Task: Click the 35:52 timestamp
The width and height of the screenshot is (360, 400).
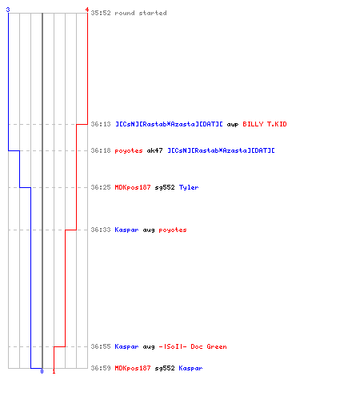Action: (101, 13)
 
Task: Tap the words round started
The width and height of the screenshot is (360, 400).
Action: (141, 13)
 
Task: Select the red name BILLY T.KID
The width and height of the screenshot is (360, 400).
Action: (265, 124)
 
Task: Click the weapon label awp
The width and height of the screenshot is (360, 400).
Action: (233, 125)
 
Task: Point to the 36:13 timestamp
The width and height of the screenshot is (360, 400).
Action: (101, 124)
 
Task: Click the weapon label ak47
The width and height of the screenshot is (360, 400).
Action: (154, 150)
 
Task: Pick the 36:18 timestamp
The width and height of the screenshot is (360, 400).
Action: (101, 150)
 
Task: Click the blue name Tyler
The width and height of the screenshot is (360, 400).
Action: (189, 187)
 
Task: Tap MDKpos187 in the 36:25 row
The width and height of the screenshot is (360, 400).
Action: (133, 187)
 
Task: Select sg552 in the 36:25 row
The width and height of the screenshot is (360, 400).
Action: (165, 187)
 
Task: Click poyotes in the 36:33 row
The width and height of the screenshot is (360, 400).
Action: (173, 230)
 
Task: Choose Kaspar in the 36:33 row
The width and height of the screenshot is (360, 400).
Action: (126, 230)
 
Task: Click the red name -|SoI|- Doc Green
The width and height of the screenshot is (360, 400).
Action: (193, 346)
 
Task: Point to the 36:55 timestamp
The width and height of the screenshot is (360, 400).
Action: (101, 346)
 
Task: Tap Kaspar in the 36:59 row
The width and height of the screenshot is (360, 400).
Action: (190, 368)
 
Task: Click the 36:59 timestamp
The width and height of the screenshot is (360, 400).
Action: (101, 368)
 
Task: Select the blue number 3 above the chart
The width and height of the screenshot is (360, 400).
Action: (8, 10)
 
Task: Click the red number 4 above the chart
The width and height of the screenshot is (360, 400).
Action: (87, 10)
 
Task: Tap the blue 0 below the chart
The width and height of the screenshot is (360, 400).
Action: (42, 371)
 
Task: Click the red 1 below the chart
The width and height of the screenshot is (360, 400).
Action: (54, 371)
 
